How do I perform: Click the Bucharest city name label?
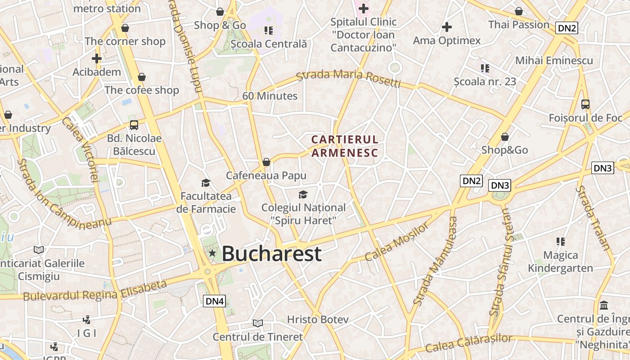pos(271,254)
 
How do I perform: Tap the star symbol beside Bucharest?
pos(212,253)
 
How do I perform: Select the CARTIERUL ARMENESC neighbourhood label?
pos(345,146)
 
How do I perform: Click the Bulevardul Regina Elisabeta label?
pos(95,291)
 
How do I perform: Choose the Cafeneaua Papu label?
pos(266,175)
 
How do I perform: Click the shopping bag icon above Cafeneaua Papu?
pos(266,162)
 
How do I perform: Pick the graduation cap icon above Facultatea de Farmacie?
pos(206,183)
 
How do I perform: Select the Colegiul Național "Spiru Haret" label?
pos(304,214)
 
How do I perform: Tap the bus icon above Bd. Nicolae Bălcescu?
pos(134,125)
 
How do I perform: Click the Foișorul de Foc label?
pos(585,118)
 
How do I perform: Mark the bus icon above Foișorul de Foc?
pos(585,104)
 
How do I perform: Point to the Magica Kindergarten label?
pos(560,262)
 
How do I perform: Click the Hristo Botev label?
pos(318,319)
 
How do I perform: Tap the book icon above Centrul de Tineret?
pos(258,323)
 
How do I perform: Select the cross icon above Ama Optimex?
pos(447,27)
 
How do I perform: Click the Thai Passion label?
pos(519,25)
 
